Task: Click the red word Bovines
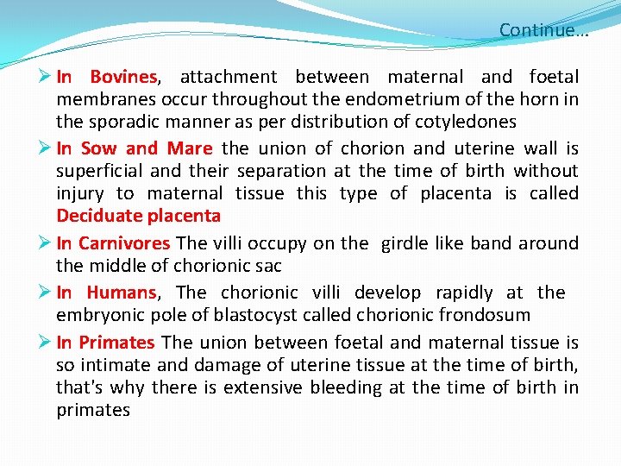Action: click(123, 78)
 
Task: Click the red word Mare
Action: click(190, 149)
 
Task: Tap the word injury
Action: click(81, 193)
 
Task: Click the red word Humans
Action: click(122, 293)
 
